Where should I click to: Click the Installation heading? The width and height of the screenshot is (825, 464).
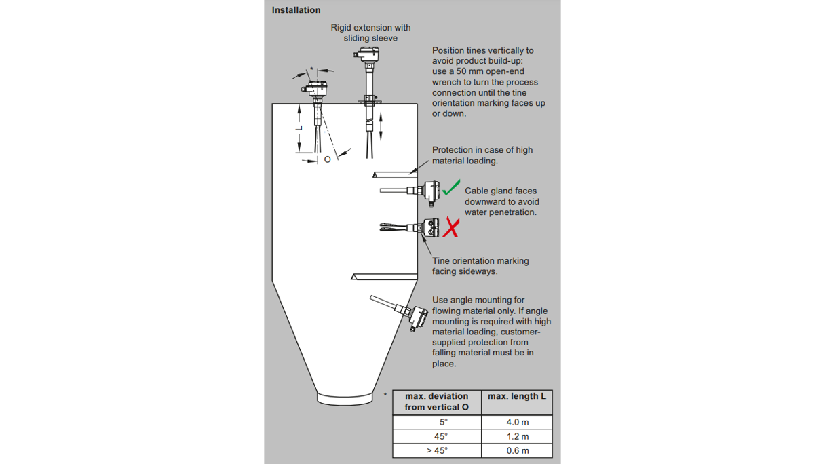click(x=296, y=10)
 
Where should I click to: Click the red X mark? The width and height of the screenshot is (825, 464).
click(x=450, y=227)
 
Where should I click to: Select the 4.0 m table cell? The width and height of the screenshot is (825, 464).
click(x=517, y=422)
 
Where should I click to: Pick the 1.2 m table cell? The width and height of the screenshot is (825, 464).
click(x=517, y=436)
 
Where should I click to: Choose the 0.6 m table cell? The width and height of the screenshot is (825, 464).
click(x=517, y=450)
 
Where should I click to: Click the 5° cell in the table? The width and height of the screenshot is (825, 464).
click(x=437, y=422)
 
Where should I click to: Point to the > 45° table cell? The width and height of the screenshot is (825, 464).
click(x=437, y=450)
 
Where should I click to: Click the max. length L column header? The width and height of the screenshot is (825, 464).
click(x=517, y=396)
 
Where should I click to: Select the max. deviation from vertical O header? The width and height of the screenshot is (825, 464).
click(x=437, y=402)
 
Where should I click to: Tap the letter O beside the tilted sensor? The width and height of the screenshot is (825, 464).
click(x=327, y=159)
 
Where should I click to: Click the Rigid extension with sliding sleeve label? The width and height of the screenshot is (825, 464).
click(x=370, y=33)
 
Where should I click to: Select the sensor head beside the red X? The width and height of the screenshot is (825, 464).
click(x=431, y=228)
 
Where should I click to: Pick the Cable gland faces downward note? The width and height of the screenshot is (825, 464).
click(x=501, y=201)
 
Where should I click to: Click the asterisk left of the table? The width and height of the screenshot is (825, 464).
click(x=385, y=394)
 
